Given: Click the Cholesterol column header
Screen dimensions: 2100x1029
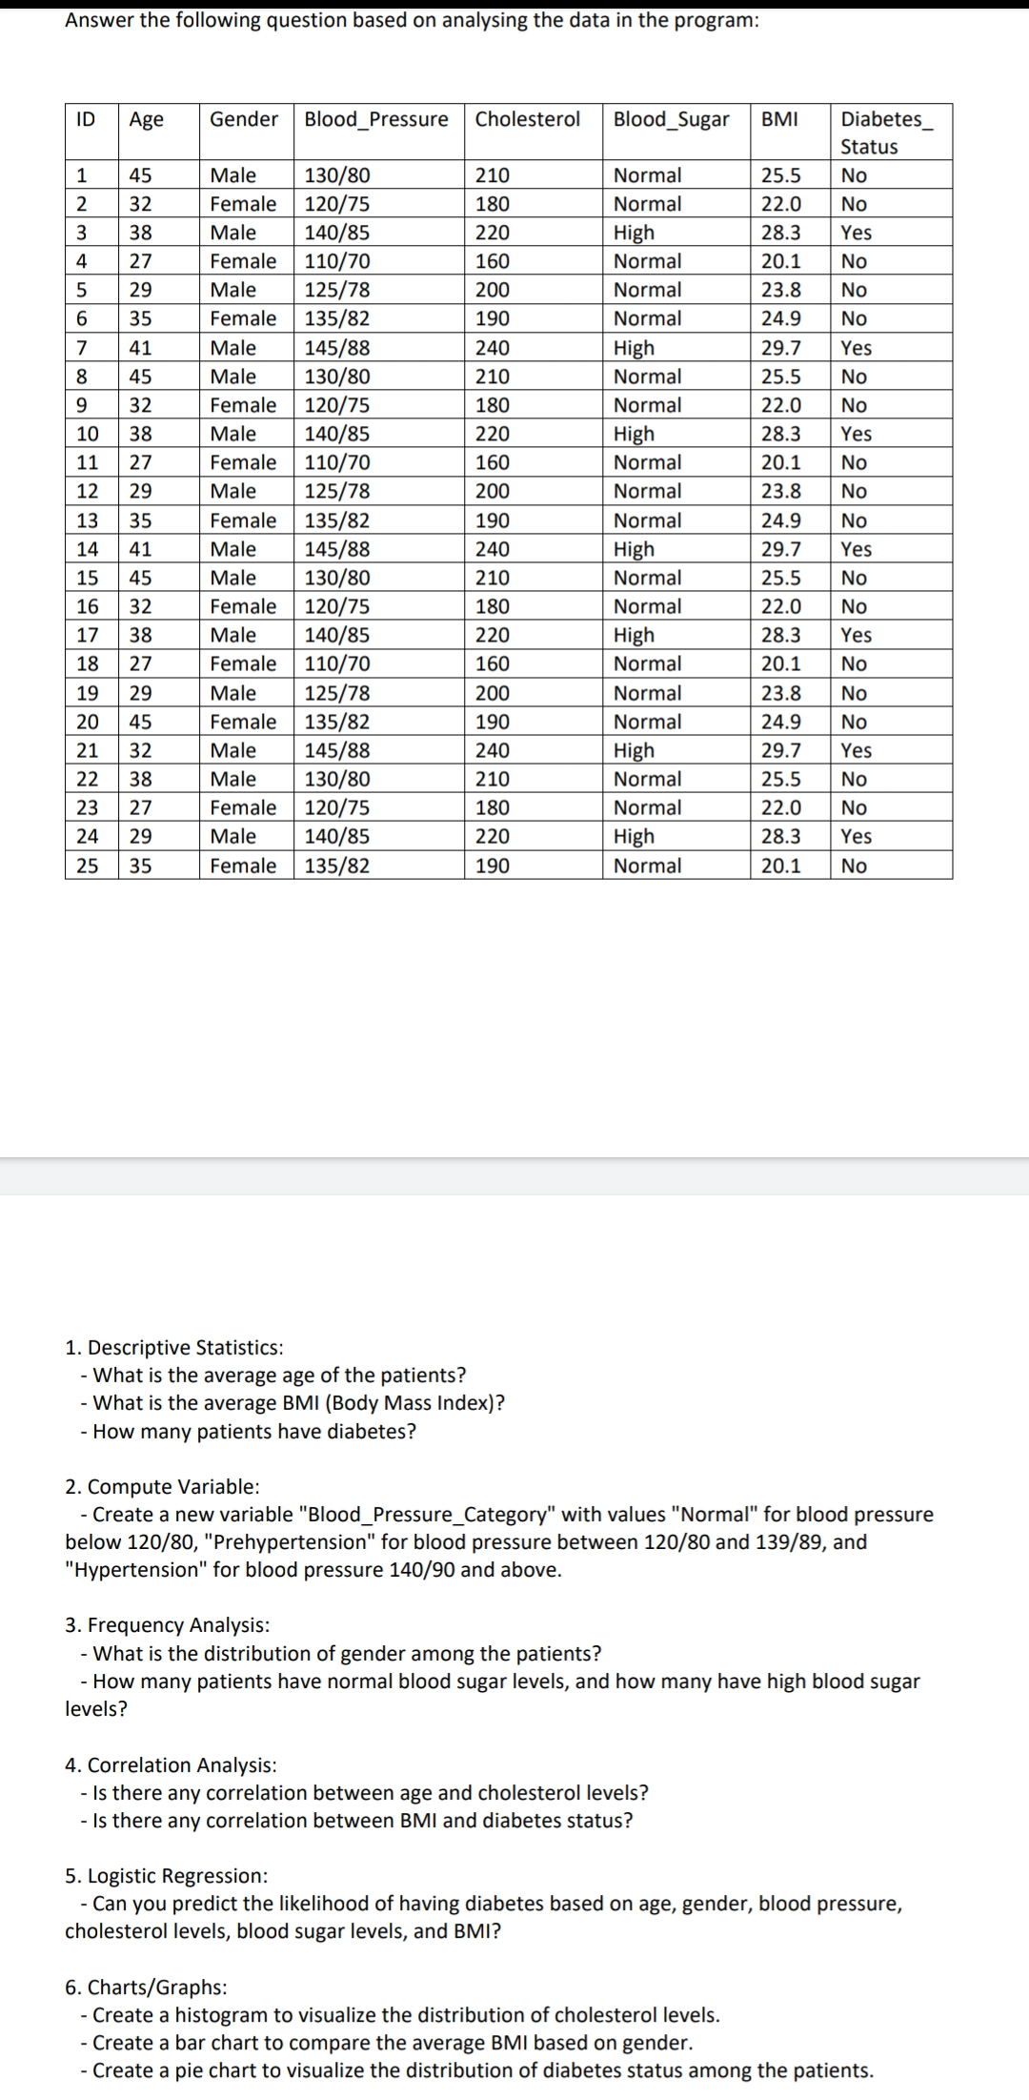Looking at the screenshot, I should (x=527, y=119).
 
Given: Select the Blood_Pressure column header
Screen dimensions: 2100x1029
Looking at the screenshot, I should (x=375, y=119).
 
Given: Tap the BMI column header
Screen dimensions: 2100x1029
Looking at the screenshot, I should (x=779, y=119).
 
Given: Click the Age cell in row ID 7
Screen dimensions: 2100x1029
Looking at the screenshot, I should (x=140, y=348).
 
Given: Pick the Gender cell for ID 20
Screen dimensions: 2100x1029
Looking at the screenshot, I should (x=243, y=722).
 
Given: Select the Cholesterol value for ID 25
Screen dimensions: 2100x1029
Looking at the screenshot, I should (x=492, y=866).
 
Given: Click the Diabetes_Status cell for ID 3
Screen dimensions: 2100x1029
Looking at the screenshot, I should (x=856, y=233).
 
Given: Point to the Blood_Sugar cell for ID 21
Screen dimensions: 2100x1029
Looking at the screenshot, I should (x=634, y=750).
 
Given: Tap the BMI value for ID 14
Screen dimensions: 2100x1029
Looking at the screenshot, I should (x=780, y=549).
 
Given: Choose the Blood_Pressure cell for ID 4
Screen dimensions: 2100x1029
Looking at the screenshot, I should (x=336, y=261).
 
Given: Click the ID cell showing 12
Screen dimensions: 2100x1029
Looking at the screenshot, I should (x=87, y=491).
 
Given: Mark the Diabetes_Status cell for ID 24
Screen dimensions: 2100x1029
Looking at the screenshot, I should (x=856, y=836).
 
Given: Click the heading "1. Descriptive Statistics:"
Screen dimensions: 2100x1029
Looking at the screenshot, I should (x=173, y=1347).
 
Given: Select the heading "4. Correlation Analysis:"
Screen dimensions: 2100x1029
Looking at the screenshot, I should (x=171, y=1764).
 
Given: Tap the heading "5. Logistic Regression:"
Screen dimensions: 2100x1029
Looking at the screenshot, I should (x=166, y=1876).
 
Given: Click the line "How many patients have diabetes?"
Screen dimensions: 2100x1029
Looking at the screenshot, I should (x=253, y=1431).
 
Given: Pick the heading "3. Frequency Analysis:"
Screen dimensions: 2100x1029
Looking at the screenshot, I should (x=167, y=1624).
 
